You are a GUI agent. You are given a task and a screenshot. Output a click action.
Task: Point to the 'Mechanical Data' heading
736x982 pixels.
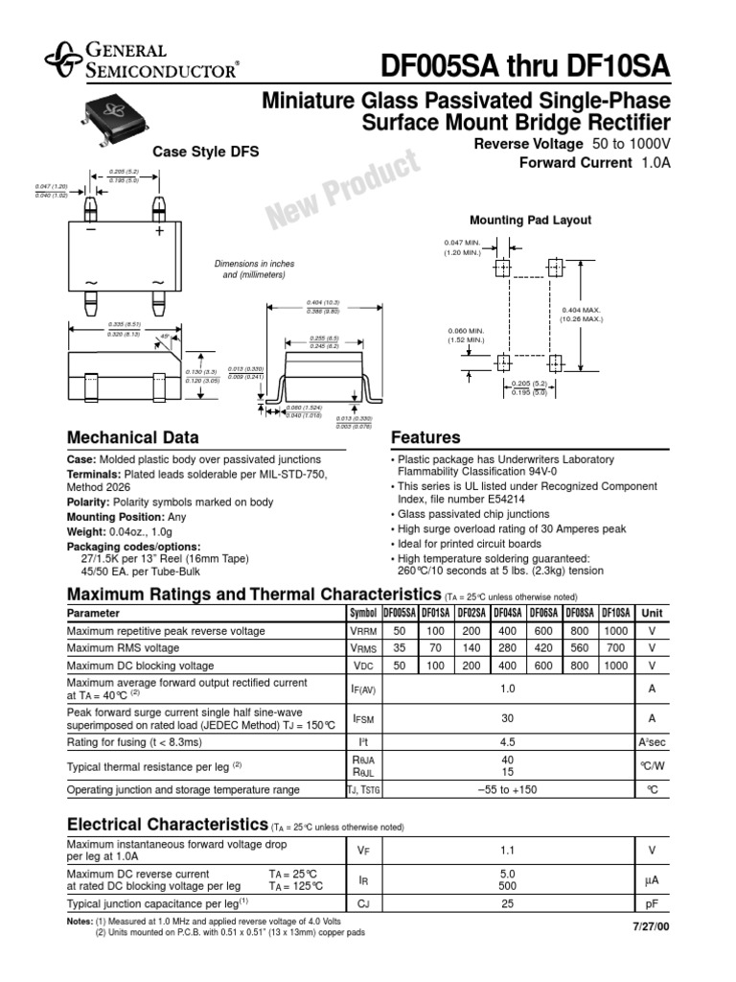click(x=132, y=438)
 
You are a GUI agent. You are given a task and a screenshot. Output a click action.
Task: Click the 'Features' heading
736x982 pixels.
click(x=425, y=438)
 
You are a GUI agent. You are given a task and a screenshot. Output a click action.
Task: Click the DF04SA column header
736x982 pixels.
click(x=507, y=613)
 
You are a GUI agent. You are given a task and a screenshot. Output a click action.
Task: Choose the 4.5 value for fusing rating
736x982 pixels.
click(x=508, y=741)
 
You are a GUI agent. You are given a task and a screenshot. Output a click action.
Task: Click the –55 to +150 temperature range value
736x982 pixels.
click(x=508, y=789)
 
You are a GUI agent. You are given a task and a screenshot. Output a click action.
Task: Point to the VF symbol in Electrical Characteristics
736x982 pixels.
click(x=362, y=850)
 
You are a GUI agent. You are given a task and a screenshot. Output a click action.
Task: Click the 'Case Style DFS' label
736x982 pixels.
click(x=205, y=152)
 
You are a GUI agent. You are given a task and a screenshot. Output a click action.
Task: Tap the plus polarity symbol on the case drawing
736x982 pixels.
click(x=159, y=232)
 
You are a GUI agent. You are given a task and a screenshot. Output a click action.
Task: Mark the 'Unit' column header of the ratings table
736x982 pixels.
click(x=652, y=613)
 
